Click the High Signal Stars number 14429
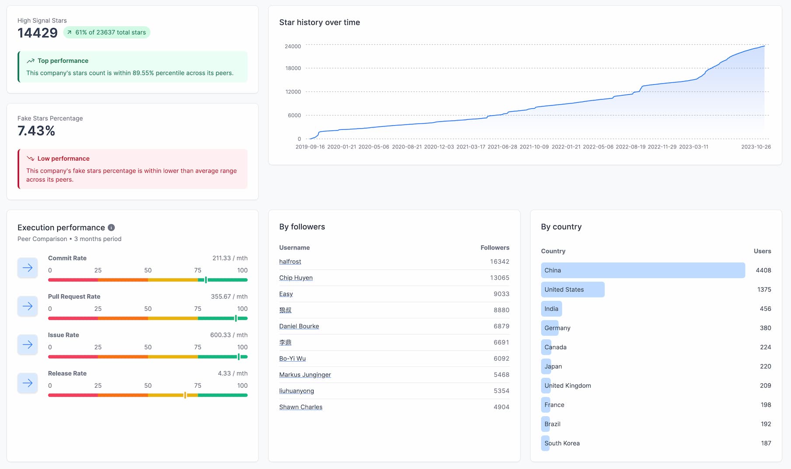point(38,33)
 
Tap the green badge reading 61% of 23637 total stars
point(107,32)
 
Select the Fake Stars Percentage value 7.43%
point(36,131)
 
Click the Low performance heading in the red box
point(63,159)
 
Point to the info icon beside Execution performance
point(112,228)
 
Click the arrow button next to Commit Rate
point(28,268)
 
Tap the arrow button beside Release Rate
point(28,383)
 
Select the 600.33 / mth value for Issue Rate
point(229,335)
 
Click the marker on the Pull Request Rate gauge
point(236,318)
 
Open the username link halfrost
point(290,262)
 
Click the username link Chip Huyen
point(296,278)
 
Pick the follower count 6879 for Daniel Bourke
point(501,326)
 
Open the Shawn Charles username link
point(301,407)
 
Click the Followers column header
point(495,248)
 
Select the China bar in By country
point(643,270)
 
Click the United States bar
point(572,290)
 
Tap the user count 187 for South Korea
point(766,443)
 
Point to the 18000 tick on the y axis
point(293,68)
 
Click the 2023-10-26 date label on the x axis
point(756,147)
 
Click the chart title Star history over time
point(320,22)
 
